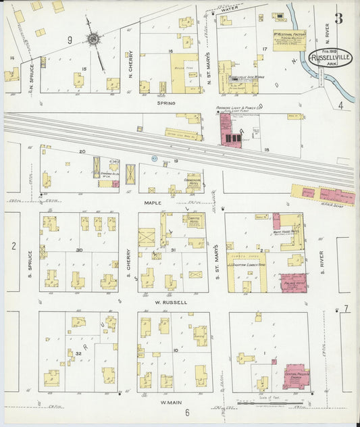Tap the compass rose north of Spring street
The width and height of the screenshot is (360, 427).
click(x=93, y=40)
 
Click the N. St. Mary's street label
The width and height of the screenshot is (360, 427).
click(x=209, y=64)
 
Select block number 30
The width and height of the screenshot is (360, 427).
click(x=79, y=250)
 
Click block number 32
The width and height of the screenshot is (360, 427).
click(x=78, y=354)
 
